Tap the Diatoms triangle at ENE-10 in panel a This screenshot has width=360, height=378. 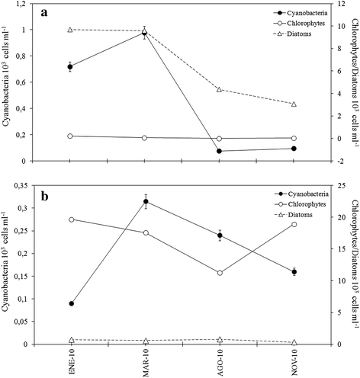(71, 30)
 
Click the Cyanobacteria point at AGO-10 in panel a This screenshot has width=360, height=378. (220, 151)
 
